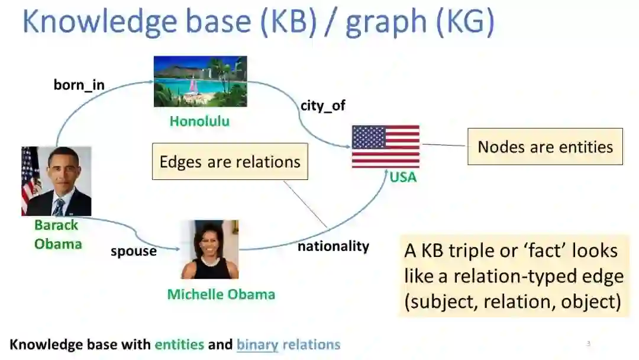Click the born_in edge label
click(79, 85)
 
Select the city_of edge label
click(323, 105)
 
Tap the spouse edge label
click(134, 251)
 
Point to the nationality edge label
click(333, 246)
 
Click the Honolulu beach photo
click(200, 82)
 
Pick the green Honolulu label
click(200, 121)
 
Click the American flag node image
click(386, 146)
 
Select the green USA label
click(403, 177)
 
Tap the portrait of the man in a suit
click(56, 181)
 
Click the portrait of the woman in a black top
click(209, 249)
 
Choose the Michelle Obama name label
click(221, 294)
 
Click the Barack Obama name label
click(57, 234)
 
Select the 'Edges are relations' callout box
click(230, 162)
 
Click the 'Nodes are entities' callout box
click(546, 147)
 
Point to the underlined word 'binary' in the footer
click(257, 345)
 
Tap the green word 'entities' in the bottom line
click(179, 345)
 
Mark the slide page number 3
click(588, 343)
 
